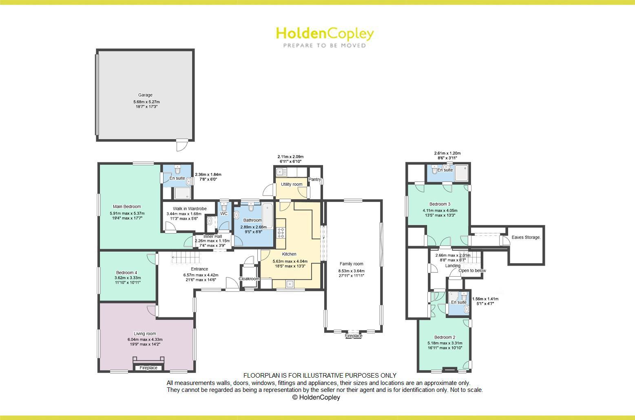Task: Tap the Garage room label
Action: pos(145,95)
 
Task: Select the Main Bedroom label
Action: pos(127,207)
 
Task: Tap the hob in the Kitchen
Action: pos(281,233)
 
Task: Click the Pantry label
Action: pos(315,180)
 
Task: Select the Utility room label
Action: pos(292,184)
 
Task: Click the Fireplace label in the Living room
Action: pos(148,368)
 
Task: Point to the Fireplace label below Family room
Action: pos(353,336)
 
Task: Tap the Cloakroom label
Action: pos(249,279)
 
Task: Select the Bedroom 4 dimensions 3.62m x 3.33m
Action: pos(128,278)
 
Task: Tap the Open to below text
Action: pos(472,270)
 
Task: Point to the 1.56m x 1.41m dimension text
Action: pos(485,299)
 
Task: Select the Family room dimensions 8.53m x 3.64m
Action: pos(351,271)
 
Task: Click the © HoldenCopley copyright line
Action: pos(316,398)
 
